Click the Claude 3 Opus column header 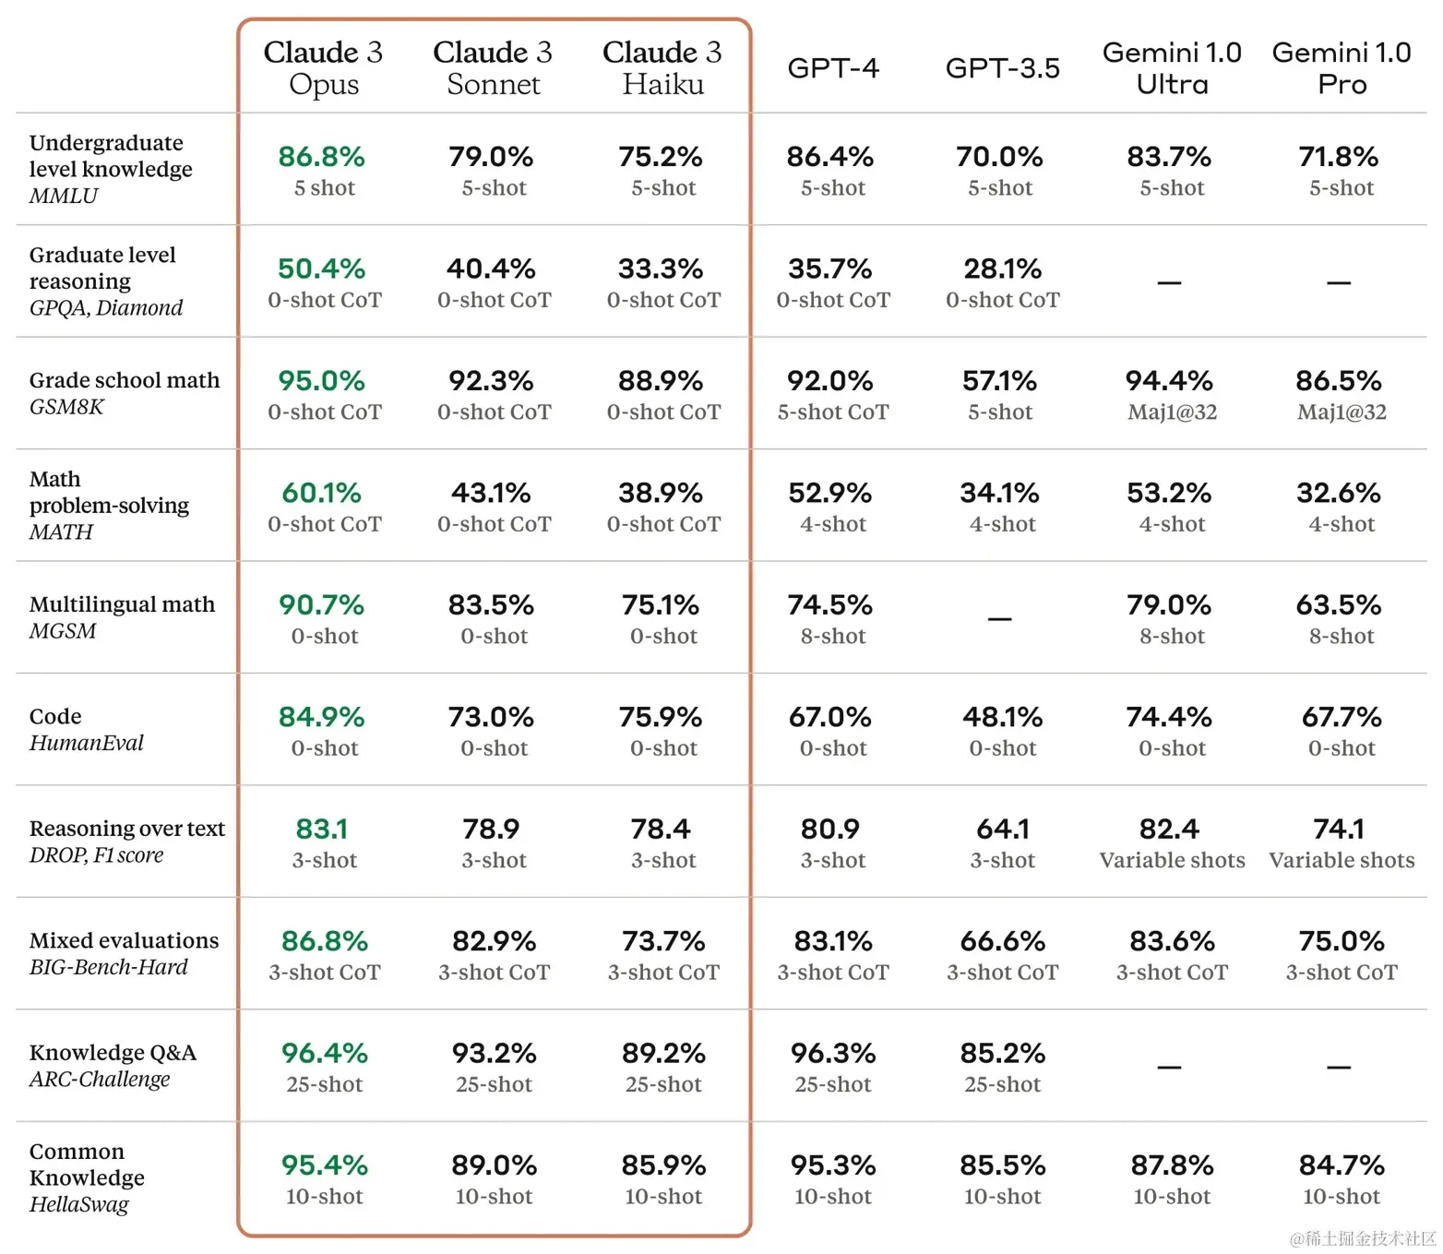pyautogui.click(x=323, y=67)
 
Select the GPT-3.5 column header pyautogui.click(x=1002, y=68)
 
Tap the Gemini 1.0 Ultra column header pyautogui.click(x=1172, y=67)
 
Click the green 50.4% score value pyautogui.click(x=321, y=269)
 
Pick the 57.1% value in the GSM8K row pyautogui.click(x=999, y=380)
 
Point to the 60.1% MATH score pyautogui.click(x=321, y=493)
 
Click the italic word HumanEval pyautogui.click(x=87, y=743)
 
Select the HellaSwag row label pyautogui.click(x=79, y=1204)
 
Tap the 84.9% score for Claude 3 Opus pyautogui.click(x=321, y=717)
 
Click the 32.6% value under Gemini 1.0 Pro pyautogui.click(x=1338, y=493)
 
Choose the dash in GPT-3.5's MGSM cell pyautogui.click(x=999, y=618)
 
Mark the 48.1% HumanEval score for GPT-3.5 pyautogui.click(x=1002, y=717)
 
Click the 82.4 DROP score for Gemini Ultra pyautogui.click(x=1169, y=829)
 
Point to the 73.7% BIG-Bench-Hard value pyautogui.click(x=662, y=941)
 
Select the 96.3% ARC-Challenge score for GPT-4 pyautogui.click(x=832, y=1053)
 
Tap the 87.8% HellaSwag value pyautogui.click(x=1172, y=1165)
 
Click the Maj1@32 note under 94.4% pyautogui.click(x=1172, y=412)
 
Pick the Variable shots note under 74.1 pyautogui.click(x=1342, y=860)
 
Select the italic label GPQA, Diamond pyautogui.click(x=106, y=307)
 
